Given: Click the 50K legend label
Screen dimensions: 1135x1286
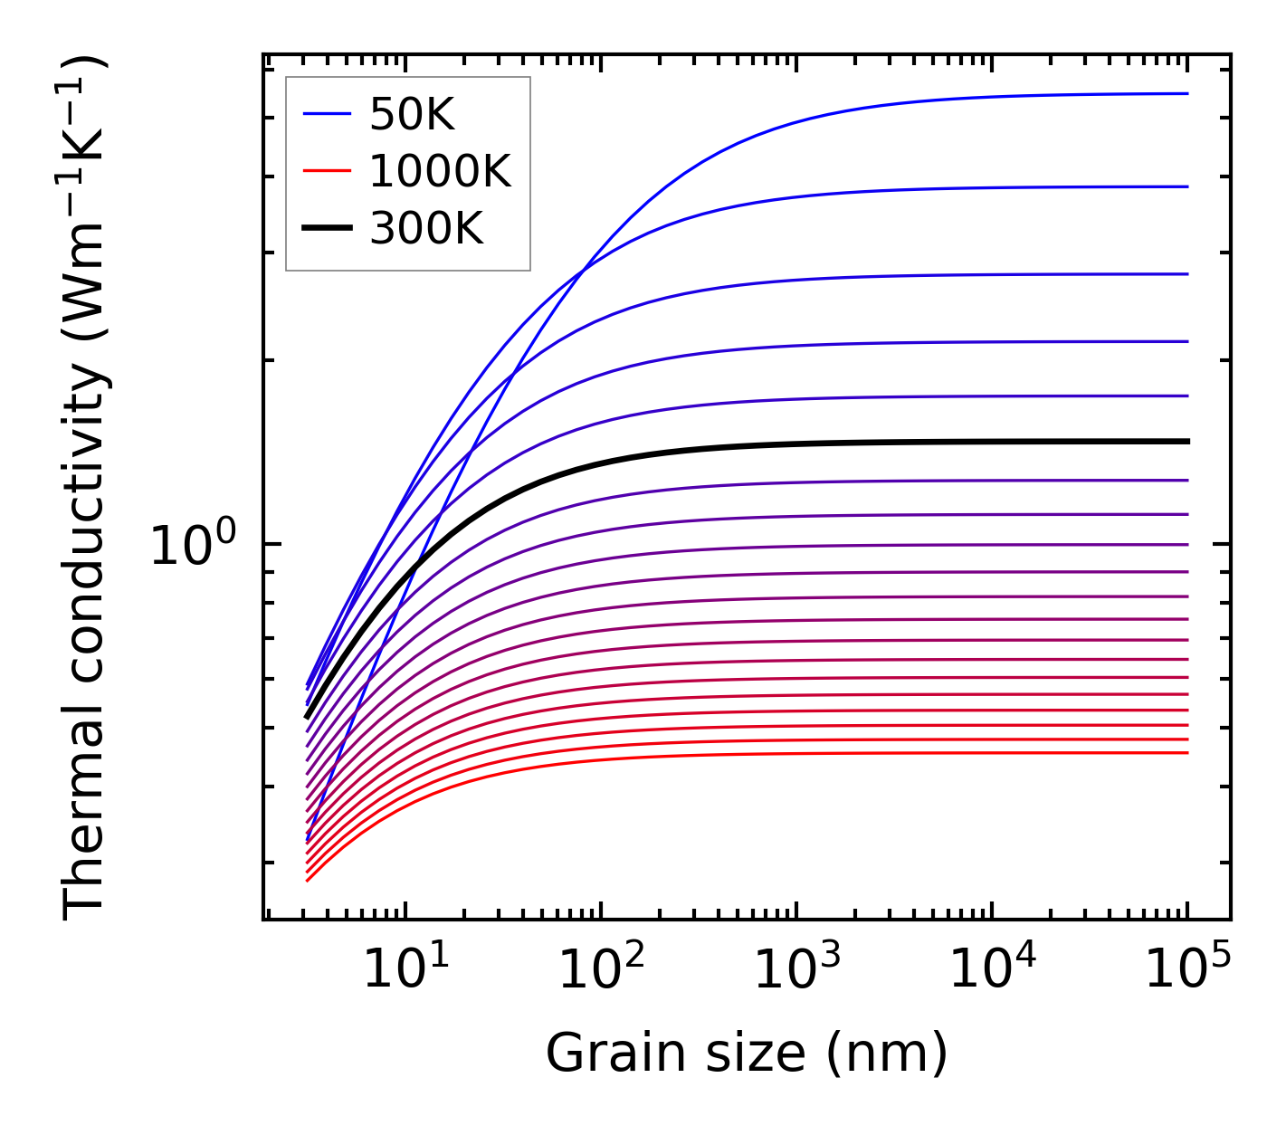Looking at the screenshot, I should [x=412, y=115].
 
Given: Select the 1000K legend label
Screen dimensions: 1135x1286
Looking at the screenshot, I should [x=440, y=172].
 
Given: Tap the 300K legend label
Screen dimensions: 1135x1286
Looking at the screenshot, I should [x=426, y=230].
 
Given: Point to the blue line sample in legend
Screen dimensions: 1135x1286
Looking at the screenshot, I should [x=327, y=114].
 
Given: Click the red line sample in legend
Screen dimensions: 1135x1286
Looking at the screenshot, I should [x=327, y=171].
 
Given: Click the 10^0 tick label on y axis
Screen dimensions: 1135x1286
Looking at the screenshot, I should [x=193, y=546].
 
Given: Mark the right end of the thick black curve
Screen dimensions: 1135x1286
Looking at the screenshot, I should [x=1186, y=442].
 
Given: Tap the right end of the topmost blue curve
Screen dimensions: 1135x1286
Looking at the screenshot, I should [x=1186, y=93].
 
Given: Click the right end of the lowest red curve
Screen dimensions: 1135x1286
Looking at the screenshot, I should [x=1186, y=753].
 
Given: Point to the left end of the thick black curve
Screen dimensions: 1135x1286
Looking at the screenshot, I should [x=308, y=717].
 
